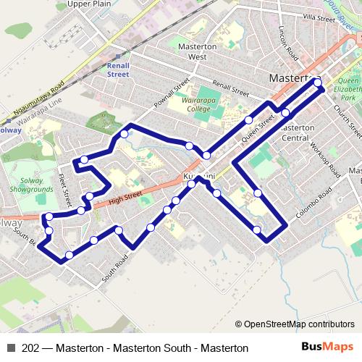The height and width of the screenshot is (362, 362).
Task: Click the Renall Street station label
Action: click(118, 70)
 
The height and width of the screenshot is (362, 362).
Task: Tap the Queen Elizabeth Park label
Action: click(349, 88)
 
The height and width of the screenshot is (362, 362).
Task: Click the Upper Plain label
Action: click(88, 4)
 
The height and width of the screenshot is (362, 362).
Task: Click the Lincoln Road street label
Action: click(288, 43)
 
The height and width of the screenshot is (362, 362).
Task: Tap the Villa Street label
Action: click(319, 17)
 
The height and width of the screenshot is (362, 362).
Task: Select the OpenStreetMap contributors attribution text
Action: click(295, 324)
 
